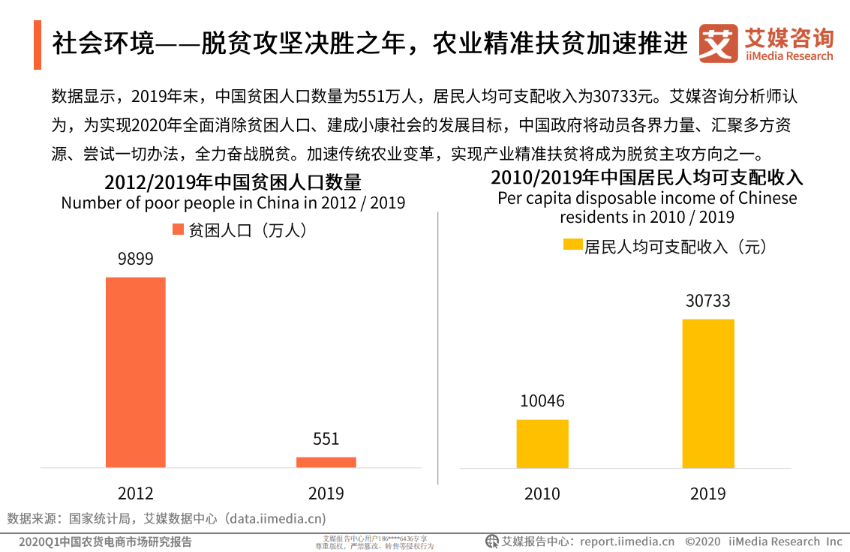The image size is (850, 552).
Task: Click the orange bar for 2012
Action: tap(135, 372)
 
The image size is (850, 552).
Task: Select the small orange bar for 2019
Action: tap(326, 462)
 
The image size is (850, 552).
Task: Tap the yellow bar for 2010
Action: tap(542, 443)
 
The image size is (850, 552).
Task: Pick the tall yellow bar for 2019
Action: tap(707, 393)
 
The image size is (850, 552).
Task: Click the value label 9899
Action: tap(135, 259)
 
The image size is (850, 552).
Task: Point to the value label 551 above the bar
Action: tap(326, 439)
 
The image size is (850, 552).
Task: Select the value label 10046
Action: tap(542, 401)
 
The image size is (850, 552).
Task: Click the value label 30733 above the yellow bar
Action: tap(707, 301)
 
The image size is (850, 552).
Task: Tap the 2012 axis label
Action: tap(135, 493)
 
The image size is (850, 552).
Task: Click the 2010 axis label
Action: tap(542, 493)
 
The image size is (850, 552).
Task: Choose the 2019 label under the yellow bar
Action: tap(707, 493)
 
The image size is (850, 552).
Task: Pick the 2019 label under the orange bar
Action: tap(326, 493)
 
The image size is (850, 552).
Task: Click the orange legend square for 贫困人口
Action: tap(178, 230)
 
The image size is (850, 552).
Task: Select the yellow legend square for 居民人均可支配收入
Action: tap(572, 246)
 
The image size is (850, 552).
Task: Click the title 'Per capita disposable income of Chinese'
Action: tap(647, 199)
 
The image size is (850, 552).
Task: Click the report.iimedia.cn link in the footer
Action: tap(626, 541)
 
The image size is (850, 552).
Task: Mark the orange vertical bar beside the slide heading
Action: tap(37, 45)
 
